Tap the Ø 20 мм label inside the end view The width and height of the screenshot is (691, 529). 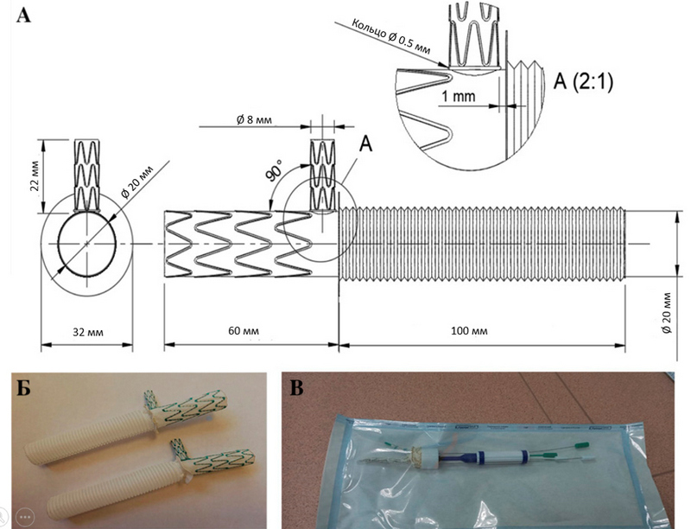136,177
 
